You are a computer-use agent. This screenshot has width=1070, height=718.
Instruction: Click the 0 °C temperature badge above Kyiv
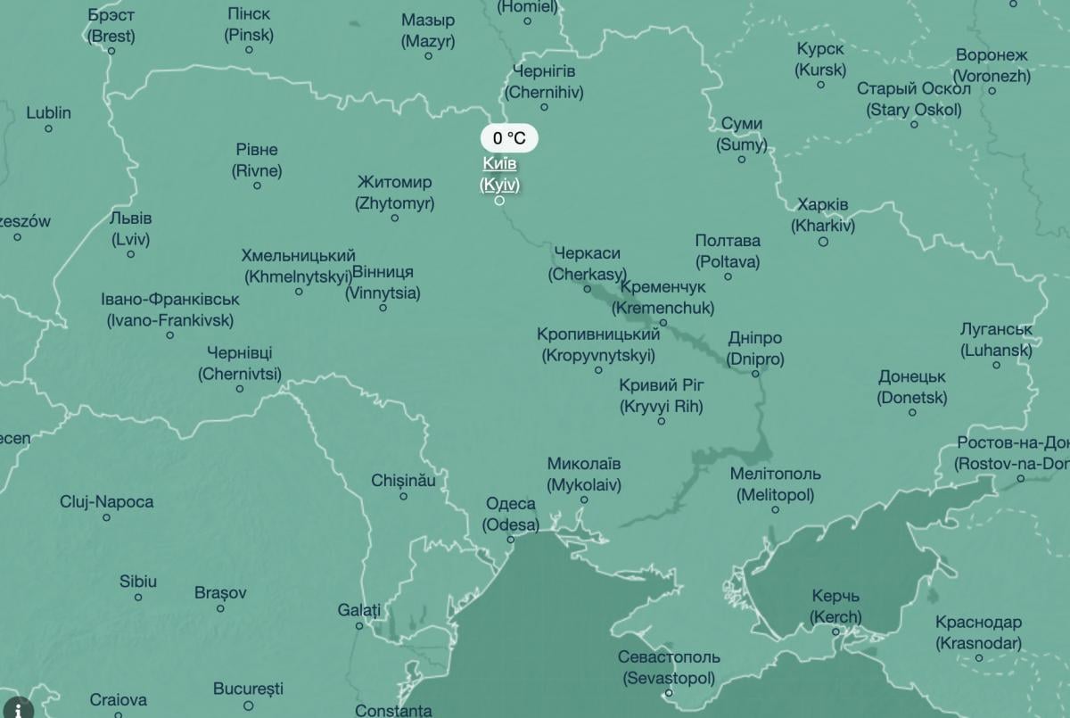509,138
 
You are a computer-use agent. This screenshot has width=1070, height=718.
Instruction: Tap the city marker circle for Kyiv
499,200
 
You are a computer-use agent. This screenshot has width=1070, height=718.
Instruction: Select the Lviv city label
130,228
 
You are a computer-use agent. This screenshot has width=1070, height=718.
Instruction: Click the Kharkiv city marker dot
823,242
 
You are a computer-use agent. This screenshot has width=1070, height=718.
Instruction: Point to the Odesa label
511,515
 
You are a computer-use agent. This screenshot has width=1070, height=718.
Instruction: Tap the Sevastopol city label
669,667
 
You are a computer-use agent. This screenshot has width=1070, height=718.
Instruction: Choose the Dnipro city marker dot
755,374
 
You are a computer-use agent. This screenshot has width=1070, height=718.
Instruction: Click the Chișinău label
404,481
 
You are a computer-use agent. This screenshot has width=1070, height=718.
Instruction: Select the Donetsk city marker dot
912,412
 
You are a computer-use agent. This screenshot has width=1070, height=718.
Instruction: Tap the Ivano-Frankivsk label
169,309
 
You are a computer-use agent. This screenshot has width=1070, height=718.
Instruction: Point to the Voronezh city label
992,66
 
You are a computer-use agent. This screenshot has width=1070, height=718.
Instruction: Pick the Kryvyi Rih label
662,396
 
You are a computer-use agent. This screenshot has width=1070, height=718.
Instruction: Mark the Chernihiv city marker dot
544,107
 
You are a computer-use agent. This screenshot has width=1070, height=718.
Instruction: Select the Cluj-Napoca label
106,502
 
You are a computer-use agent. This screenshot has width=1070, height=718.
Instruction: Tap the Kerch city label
835,607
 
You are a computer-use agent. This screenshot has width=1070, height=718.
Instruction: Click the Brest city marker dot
111,51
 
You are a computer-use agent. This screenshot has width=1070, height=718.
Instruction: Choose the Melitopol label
775,484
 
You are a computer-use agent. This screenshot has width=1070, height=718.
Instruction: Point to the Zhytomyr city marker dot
395,218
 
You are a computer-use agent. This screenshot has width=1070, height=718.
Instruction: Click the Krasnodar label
978,632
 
